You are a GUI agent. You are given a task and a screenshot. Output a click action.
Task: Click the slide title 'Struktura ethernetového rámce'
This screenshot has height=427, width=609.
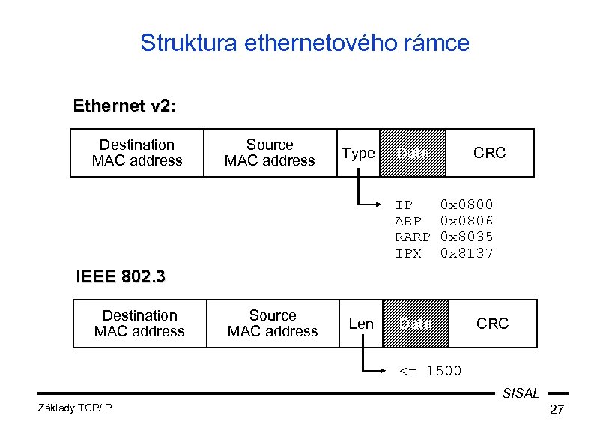(304, 43)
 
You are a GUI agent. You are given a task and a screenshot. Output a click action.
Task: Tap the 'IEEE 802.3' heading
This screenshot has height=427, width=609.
(121, 276)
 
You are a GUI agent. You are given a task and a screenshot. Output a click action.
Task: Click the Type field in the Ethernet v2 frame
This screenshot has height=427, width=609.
(358, 153)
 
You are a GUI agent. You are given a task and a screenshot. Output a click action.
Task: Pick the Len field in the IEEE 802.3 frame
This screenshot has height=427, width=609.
(361, 324)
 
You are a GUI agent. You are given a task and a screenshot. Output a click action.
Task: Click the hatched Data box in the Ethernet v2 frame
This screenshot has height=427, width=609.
(413, 153)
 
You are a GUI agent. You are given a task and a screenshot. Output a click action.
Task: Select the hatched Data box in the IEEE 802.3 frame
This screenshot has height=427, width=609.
(416, 324)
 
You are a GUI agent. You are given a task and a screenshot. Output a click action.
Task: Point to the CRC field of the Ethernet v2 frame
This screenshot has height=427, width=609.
(489, 153)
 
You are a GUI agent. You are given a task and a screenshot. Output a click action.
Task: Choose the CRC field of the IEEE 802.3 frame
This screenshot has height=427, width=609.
(492, 324)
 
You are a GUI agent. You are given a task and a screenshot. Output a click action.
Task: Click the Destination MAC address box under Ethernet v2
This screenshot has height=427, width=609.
(137, 153)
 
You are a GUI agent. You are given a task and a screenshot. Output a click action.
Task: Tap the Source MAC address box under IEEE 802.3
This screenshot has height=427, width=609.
(273, 324)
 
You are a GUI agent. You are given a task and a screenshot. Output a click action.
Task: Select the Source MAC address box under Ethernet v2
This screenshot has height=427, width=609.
(270, 153)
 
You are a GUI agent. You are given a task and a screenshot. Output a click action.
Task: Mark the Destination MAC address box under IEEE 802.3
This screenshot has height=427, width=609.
(139, 324)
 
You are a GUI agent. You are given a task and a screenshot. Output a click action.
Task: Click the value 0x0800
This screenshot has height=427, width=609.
(467, 205)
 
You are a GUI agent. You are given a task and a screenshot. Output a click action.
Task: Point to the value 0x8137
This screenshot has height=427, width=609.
(467, 253)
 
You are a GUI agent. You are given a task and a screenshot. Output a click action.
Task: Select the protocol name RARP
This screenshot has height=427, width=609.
(413, 237)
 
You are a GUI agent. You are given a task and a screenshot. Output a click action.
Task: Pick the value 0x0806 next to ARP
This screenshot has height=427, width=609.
(467, 221)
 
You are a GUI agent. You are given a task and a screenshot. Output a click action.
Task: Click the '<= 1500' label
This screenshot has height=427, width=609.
(430, 371)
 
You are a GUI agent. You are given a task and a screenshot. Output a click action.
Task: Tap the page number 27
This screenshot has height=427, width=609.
(557, 410)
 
